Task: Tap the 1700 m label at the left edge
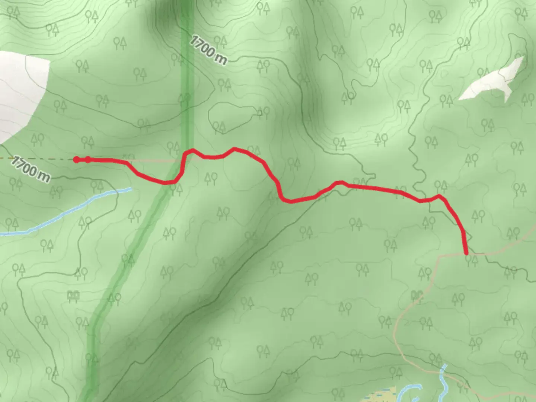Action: click(x=30, y=169)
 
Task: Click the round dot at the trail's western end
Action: click(x=76, y=160)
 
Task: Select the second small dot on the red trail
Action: click(x=88, y=160)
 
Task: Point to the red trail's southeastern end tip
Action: click(x=466, y=253)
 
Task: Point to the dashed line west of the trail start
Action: click(x=37, y=159)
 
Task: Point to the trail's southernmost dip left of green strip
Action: click(x=166, y=182)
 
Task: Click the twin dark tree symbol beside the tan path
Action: click(x=417, y=295)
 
